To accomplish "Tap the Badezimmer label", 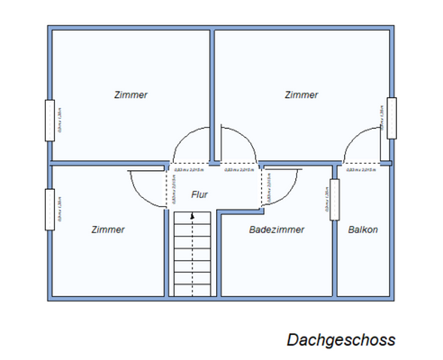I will click(x=276, y=229).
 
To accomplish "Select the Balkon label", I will click(x=363, y=229).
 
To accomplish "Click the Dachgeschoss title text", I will click(x=340, y=340).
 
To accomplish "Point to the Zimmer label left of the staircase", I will click(x=108, y=229).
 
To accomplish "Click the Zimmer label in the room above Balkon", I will click(x=301, y=94).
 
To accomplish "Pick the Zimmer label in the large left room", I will click(x=131, y=94).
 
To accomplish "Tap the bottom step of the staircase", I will click(x=186, y=291).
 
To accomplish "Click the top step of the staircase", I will click(x=186, y=217).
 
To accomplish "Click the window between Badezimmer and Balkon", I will click(x=334, y=199).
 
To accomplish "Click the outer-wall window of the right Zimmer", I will click(x=392, y=117).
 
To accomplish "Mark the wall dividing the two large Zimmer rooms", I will click(x=212, y=90).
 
